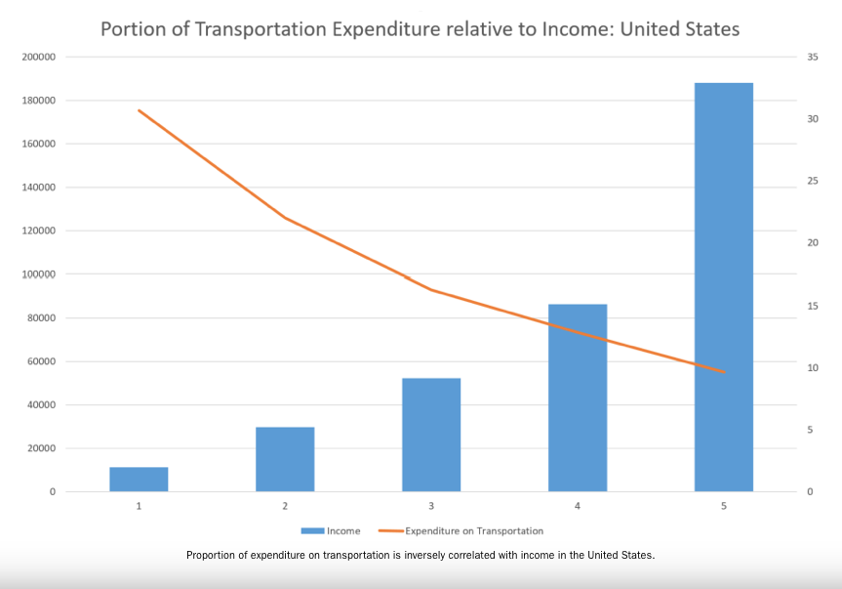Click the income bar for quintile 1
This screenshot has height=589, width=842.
point(139,479)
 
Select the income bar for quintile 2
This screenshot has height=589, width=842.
point(285,459)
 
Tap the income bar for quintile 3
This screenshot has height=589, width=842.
point(431,435)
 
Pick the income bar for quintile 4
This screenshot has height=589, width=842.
point(578,398)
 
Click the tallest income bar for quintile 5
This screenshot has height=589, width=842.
point(724,287)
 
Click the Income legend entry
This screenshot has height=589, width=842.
point(332,531)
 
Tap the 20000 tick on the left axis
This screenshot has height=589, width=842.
point(40,448)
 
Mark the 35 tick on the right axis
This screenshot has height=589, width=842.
point(812,57)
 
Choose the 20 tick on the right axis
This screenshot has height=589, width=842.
point(812,243)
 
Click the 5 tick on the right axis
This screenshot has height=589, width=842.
point(809,430)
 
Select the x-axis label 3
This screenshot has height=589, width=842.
point(431,506)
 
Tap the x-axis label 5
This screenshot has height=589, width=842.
point(724,506)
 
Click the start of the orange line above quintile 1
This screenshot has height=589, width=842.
point(139,110)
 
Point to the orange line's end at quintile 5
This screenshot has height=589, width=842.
point(724,372)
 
